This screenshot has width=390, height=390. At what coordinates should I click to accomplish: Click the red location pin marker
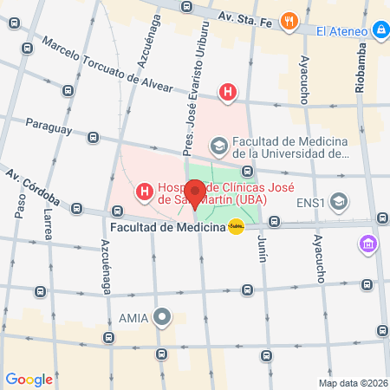click(195, 193)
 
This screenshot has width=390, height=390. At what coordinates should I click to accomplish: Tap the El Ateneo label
click(344, 32)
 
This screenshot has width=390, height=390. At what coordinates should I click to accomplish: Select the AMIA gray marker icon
click(161, 316)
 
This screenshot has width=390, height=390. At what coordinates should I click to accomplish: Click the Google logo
click(29, 379)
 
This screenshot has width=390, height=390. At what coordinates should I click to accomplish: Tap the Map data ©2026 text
click(353, 383)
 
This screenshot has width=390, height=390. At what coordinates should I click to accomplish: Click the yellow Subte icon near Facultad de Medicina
click(236, 227)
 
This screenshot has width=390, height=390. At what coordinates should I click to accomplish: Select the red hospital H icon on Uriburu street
click(227, 91)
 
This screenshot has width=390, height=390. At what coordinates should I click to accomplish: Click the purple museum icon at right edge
click(370, 244)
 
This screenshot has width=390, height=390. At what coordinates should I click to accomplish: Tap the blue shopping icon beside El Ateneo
click(380, 32)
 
